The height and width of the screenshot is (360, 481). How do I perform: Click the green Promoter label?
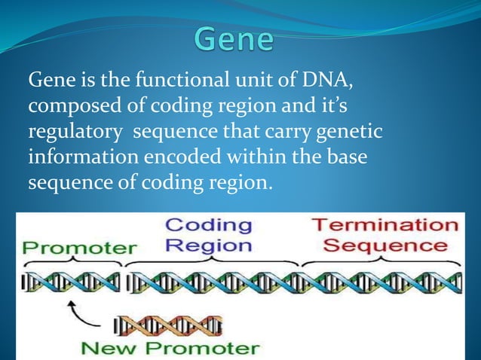(x=80, y=247)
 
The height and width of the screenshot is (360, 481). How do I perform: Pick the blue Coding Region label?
(x=208, y=235)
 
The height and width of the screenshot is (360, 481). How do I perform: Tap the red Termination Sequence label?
(x=384, y=235)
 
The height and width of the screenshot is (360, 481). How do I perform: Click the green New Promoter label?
(x=170, y=348)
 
